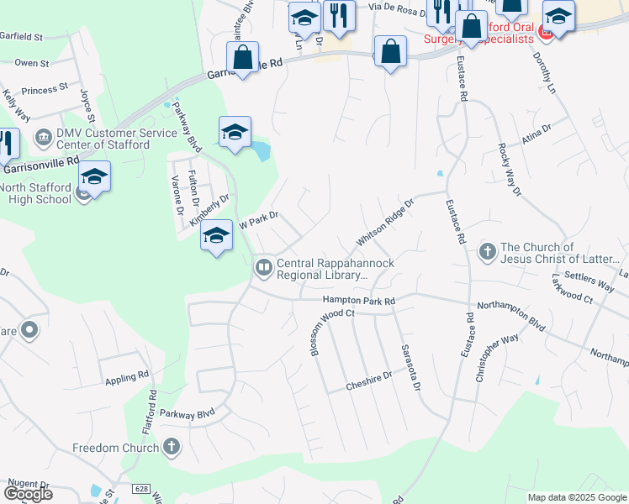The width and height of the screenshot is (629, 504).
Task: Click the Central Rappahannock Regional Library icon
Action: (263, 267)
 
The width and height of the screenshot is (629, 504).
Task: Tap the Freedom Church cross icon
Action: (172, 447)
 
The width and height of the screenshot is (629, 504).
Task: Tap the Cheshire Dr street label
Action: (369, 381)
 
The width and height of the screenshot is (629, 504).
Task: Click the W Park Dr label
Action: (259, 221)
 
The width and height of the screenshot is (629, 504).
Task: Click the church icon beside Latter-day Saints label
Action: (487, 250)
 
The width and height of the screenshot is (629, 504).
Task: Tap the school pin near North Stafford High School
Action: (94, 177)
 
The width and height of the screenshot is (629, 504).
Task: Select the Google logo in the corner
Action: (29, 493)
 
